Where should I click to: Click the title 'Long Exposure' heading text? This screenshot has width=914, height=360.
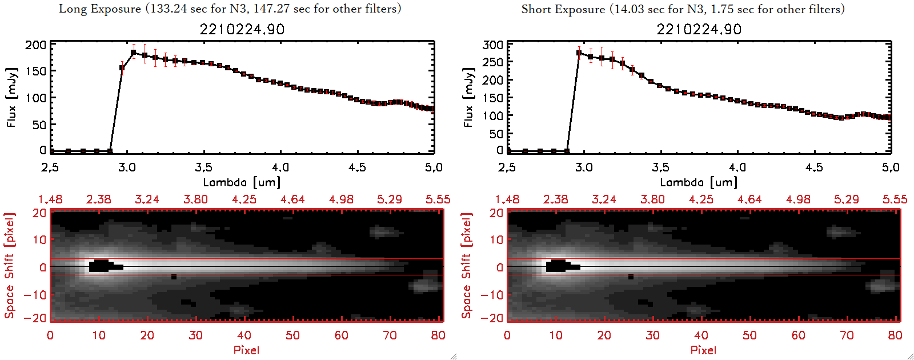click(x=100, y=9)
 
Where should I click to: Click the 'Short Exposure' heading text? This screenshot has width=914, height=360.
click(x=563, y=9)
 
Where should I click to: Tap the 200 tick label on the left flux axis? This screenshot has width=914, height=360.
click(x=36, y=45)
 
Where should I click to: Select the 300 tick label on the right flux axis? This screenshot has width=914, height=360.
click(x=493, y=45)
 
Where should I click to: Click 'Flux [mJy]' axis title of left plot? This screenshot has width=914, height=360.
click(x=12, y=97)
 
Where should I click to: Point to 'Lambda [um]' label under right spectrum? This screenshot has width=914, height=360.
click(x=699, y=182)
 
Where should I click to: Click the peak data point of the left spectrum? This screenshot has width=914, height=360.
click(x=134, y=53)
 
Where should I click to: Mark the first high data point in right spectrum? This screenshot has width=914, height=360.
click(x=579, y=53)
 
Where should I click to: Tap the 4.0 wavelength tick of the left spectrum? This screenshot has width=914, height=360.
click(x=280, y=167)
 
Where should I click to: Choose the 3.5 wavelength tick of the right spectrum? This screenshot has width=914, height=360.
click(x=660, y=167)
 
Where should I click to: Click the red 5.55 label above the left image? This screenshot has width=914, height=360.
click(x=438, y=199)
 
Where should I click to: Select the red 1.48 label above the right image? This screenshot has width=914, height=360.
click(x=507, y=199)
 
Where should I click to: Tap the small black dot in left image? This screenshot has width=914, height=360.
click(x=174, y=277)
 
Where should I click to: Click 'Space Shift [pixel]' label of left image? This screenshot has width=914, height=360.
click(x=9, y=266)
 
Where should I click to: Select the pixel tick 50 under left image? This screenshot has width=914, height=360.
click(x=292, y=335)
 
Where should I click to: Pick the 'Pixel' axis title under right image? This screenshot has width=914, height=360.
click(x=703, y=350)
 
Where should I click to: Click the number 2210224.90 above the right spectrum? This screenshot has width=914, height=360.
click(x=699, y=29)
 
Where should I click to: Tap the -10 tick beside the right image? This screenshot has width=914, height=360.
click(x=492, y=294)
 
